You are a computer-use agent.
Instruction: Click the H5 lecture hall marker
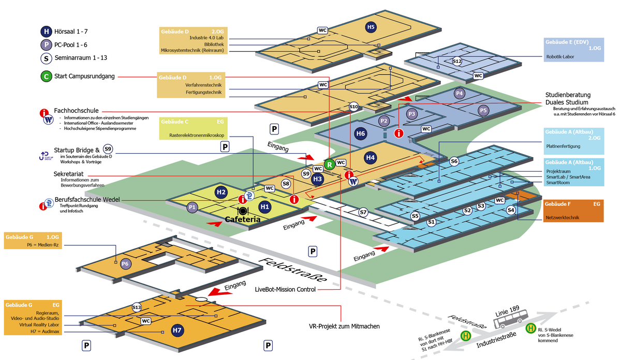coord(371,27)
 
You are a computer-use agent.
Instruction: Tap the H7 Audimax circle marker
coord(178,330)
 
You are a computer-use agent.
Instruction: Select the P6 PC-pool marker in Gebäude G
coord(125,264)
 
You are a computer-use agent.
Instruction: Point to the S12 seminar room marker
coord(457,61)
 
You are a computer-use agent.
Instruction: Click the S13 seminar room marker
coord(137,307)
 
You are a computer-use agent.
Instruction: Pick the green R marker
coord(329,164)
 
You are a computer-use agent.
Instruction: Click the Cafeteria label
coord(243,220)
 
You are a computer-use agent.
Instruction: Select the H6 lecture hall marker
coord(360,133)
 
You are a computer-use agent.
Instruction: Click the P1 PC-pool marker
coord(192,207)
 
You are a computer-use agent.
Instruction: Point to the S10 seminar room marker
coord(353,107)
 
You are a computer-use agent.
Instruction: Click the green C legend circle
coord(46,77)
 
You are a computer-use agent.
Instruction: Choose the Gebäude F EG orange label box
coord(573,211)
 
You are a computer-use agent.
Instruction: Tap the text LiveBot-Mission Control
coord(285,290)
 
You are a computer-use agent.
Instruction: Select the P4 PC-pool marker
coord(459,94)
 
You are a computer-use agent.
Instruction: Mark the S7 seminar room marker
coord(363,212)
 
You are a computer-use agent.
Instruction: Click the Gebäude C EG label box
coord(192,129)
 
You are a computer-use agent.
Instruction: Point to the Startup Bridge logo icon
coord(46,155)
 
